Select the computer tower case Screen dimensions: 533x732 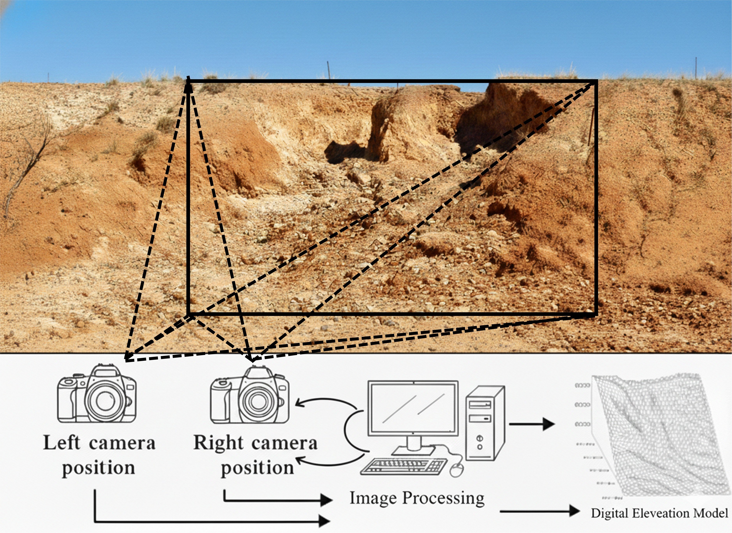[x=484, y=423]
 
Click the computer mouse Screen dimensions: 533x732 [x=456, y=470]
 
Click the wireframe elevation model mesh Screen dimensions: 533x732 [x=658, y=436]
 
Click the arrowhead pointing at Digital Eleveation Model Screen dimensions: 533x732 [x=573, y=511]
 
